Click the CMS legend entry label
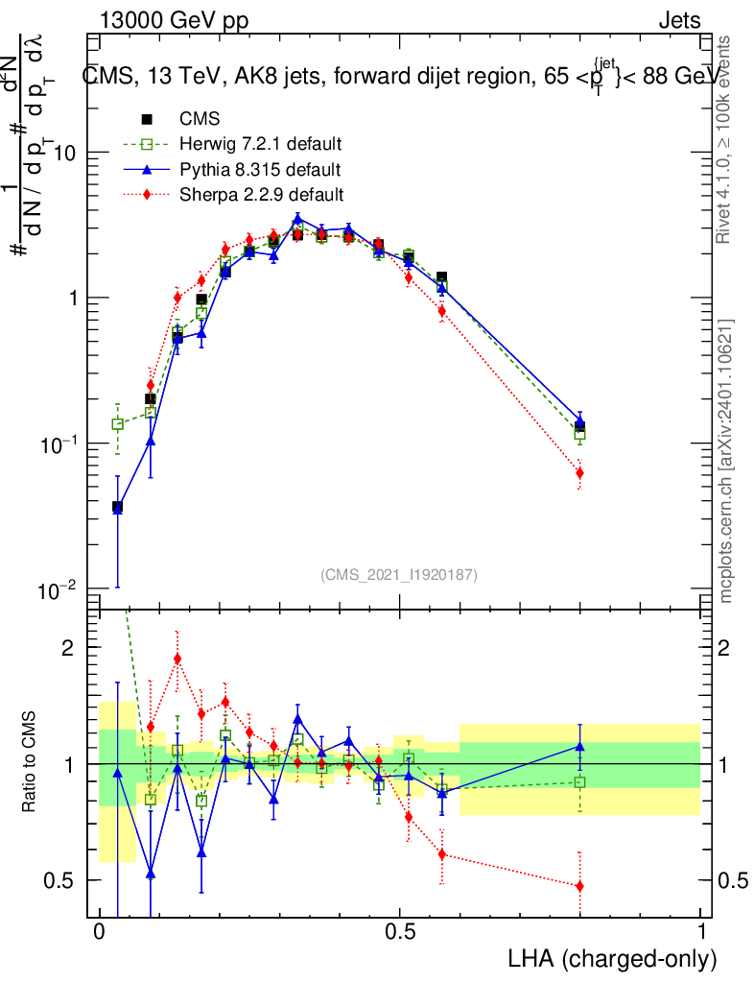[200, 120]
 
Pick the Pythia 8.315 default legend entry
[260, 170]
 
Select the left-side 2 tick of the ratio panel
[68, 648]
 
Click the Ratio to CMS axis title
[31, 763]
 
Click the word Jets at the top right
[679, 20]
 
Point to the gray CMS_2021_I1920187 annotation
[399, 574]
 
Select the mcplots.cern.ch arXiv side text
[727, 461]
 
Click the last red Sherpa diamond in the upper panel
[579, 473]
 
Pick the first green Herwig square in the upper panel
[118, 423]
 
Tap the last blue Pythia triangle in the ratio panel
[579, 745]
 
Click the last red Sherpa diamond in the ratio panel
[579, 886]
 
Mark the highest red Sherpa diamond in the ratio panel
[177, 659]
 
